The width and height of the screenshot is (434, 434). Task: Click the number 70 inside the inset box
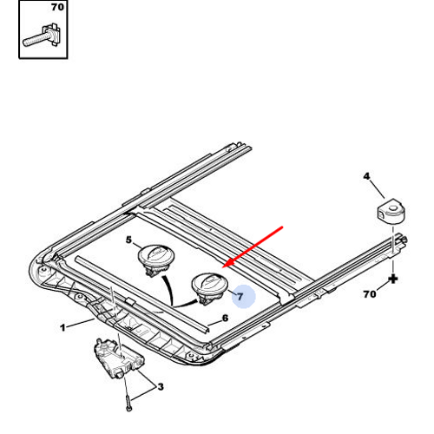click(x=57, y=7)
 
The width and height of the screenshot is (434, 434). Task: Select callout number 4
click(x=366, y=176)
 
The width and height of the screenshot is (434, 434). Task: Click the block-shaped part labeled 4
click(x=391, y=211)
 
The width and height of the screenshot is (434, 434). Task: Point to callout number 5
click(x=128, y=240)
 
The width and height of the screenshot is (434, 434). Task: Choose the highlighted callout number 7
click(x=240, y=297)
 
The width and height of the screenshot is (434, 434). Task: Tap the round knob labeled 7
click(x=210, y=288)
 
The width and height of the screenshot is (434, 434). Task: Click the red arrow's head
click(x=229, y=263)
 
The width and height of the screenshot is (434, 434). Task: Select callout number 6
click(x=225, y=318)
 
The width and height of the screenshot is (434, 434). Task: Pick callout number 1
click(x=62, y=328)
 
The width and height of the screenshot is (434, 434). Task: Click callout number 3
click(x=161, y=386)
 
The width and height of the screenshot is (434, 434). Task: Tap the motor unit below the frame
click(x=119, y=358)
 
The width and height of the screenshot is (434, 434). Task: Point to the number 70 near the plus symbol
click(x=370, y=294)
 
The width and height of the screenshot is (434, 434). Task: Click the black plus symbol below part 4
click(x=393, y=279)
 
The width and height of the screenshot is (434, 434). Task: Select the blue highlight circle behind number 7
click(x=244, y=296)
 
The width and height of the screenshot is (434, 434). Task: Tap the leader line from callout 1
click(x=80, y=323)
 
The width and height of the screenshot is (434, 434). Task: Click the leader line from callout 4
click(x=378, y=189)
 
